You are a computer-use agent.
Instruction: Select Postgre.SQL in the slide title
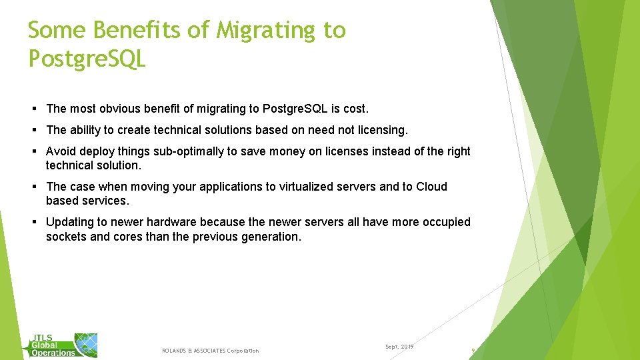[87, 59]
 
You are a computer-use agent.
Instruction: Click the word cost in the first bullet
[355, 109]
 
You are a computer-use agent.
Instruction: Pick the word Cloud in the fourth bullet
[431, 187]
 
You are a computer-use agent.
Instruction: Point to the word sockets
[65, 236]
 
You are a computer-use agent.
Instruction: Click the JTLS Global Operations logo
[63, 345]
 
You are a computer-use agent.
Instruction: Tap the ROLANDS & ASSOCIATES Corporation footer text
[210, 351]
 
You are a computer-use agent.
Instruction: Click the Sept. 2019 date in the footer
[399, 347]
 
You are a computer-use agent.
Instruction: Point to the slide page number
[473, 350]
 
